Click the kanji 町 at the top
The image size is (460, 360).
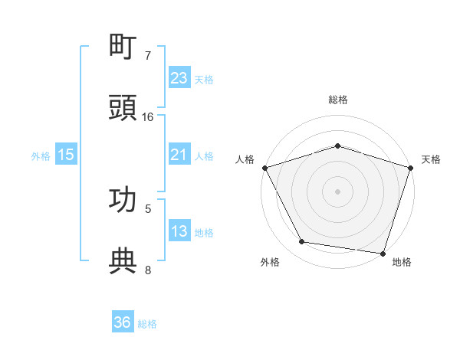123,48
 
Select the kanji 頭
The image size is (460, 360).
123,107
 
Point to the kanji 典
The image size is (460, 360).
123,261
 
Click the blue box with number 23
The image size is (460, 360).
179,78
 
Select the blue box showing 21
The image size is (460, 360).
179,155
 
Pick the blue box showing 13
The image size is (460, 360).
179,232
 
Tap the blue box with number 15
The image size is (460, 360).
66,155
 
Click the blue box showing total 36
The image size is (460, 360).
123,323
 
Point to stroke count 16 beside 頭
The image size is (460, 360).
148,117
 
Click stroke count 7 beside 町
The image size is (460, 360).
148,56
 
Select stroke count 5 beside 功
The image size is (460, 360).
148,208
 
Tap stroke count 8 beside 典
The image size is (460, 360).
148,270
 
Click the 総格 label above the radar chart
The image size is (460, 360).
338,100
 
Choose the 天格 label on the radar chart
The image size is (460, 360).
431,159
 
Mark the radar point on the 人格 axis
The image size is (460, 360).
264,168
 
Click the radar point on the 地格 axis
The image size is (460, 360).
383,253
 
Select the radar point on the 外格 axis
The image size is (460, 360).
302,242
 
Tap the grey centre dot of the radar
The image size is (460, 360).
337,191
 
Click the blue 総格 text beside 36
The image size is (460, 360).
147,324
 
